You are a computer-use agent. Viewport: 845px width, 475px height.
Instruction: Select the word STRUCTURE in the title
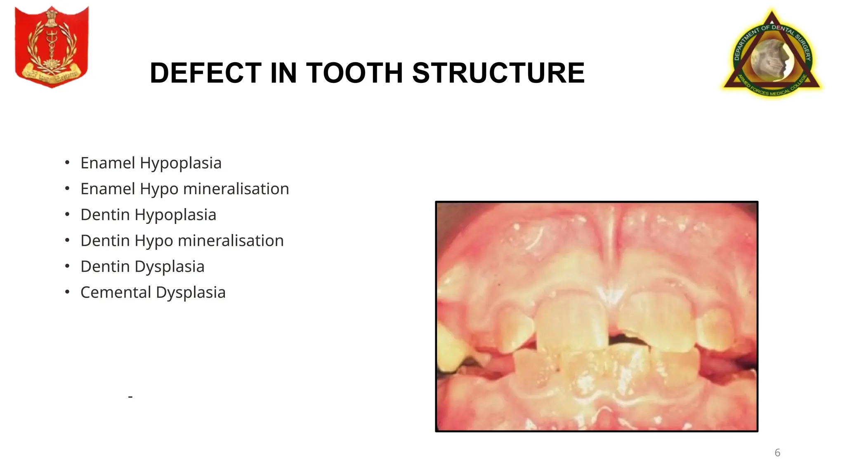pos(498,73)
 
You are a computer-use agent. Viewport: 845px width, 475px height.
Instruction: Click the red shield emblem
pos(52,46)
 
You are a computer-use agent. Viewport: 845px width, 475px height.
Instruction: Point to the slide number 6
pos(777,453)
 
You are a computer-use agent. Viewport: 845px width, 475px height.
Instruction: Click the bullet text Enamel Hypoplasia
pos(151,163)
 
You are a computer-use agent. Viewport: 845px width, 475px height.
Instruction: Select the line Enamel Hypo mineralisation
pos(184,189)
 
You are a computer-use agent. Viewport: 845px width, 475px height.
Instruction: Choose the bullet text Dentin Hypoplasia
pos(148,215)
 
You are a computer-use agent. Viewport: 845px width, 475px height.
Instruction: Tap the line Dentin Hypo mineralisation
pos(182,241)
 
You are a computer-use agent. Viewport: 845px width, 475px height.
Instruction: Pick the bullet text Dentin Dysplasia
pos(142,267)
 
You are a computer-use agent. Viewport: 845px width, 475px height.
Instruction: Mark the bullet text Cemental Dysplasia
pos(153,293)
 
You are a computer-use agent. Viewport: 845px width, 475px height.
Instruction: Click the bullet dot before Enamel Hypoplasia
pos(67,162)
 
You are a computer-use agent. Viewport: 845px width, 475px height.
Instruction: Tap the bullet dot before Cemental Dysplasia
pos(67,292)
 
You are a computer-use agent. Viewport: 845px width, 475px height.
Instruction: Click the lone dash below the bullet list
pos(130,397)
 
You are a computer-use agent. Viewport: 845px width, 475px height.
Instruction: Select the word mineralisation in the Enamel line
pos(236,189)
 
